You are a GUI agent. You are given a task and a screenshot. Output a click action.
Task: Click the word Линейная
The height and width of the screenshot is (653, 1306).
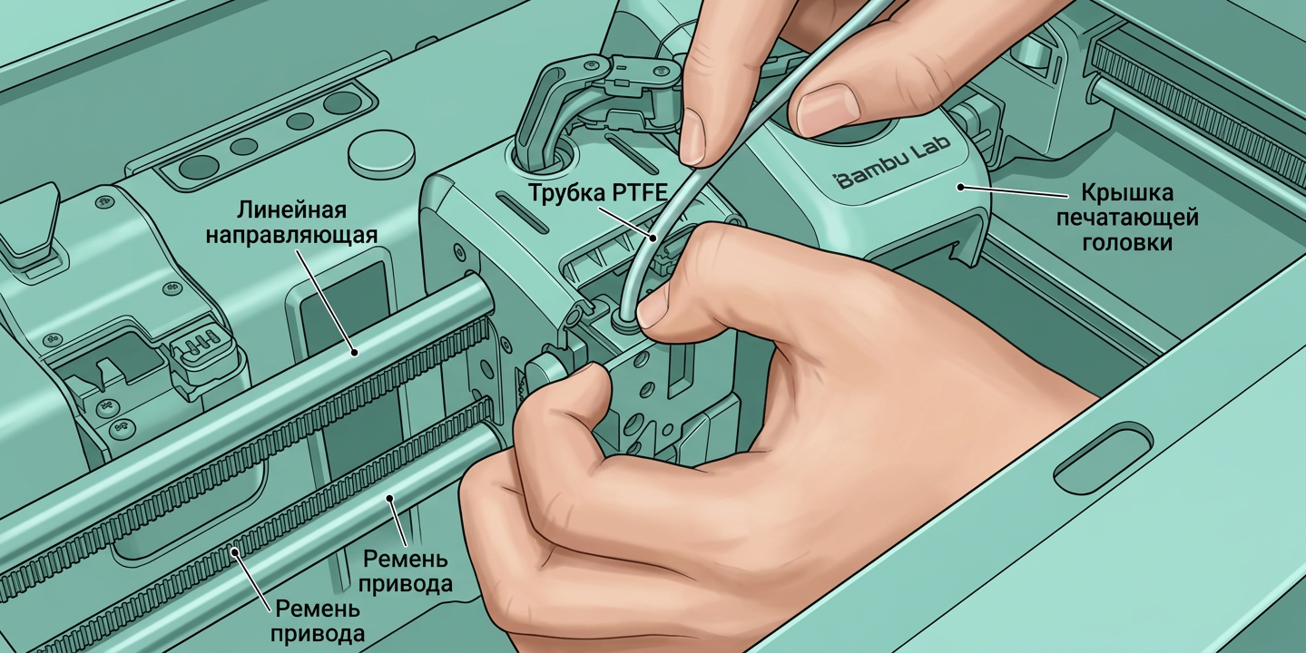[x=291, y=210]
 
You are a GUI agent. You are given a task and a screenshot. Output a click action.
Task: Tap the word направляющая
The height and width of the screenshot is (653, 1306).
[x=291, y=235]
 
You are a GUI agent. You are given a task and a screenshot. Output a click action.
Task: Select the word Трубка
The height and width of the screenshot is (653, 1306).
[x=564, y=192]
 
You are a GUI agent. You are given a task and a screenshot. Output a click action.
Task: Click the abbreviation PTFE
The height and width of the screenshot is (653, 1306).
[x=637, y=192]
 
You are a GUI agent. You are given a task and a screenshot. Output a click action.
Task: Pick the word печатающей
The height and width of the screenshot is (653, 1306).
[x=1127, y=219]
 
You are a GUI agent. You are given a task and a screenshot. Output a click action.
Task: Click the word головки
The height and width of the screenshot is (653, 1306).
[x=1127, y=243]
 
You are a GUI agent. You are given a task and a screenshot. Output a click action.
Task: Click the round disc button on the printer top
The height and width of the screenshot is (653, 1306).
[x=381, y=154]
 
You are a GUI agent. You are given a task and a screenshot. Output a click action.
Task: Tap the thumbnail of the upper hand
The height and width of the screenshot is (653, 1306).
[x=828, y=110]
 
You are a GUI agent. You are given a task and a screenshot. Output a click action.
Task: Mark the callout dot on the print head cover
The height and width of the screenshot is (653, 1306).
[x=960, y=187]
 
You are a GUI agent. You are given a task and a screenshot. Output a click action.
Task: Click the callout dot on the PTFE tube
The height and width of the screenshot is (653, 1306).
[x=653, y=238]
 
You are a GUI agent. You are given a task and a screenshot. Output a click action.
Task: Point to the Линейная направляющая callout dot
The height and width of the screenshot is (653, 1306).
[x=354, y=352]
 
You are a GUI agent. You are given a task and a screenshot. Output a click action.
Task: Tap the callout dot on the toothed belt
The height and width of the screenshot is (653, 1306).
[x=235, y=551]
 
